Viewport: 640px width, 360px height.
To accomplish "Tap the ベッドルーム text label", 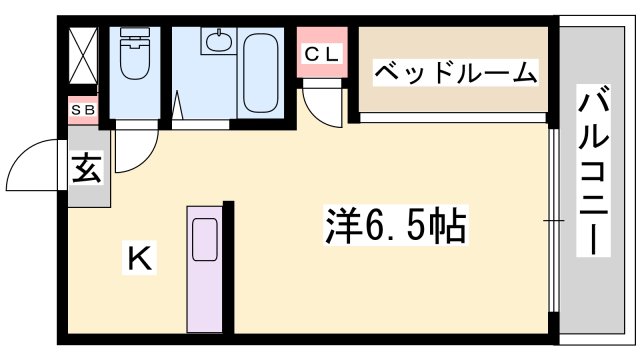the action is [456, 72].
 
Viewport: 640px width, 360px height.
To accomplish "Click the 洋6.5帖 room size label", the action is [395, 227].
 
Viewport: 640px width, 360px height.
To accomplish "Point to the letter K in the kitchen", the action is [139, 260].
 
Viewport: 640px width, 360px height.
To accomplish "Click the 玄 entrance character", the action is [86, 170].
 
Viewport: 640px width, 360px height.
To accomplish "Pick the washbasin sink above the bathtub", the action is [216, 43].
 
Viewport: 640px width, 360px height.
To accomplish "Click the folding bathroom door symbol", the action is [178, 109].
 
